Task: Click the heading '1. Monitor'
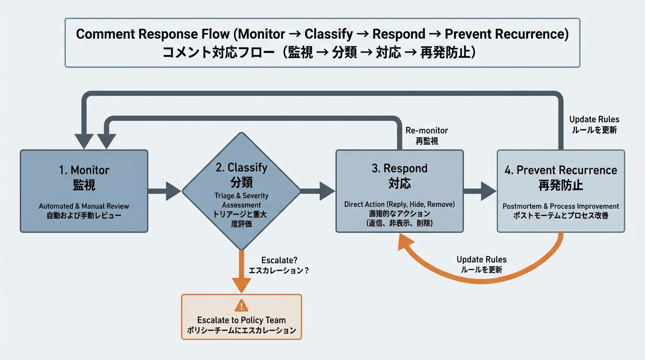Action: click(84, 170)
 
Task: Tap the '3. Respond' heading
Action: click(399, 168)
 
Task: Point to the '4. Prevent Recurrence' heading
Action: click(561, 170)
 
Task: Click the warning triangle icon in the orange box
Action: click(241, 306)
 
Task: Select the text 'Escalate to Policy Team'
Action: click(241, 320)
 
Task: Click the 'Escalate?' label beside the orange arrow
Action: click(279, 260)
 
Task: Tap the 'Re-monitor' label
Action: click(427, 131)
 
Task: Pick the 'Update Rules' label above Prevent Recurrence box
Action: click(594, 120)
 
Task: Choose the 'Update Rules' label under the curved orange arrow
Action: click(481, 260)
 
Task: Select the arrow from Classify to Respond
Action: click(318, 191)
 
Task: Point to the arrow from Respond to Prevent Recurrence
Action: click(480, 191)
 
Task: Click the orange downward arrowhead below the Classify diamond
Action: click(241, 284)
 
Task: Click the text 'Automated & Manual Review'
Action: click(84, 206)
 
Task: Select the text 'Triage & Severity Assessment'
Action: click(241, 200)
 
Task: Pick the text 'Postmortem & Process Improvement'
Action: click(561, 206)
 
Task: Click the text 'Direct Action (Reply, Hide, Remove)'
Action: click(399, 204)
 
